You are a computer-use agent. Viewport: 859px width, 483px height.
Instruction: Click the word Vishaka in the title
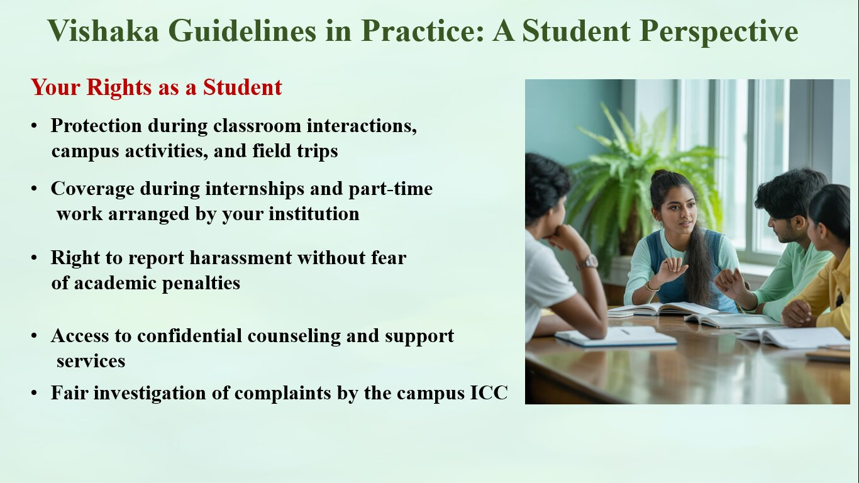pyautogui.click(x=103, y=31)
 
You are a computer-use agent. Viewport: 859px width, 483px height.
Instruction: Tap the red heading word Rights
pyautogui.click(x=119, y=88)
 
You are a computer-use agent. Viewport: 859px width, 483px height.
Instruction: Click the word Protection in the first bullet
pyautogui.click(x=96, y=125)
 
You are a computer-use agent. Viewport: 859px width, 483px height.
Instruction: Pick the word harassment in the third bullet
pyautogui.click(x=241, y=257)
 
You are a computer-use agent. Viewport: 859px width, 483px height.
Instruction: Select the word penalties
pyautogui.click(x=201, y=284)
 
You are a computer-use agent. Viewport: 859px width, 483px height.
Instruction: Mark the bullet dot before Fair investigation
pyautogui.click(x=34, y=393)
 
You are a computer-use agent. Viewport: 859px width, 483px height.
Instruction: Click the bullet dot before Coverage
pyautogui.click(x=34, y=189)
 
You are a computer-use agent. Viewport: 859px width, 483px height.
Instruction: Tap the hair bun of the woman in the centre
pyautogui.click(x=660, y=175)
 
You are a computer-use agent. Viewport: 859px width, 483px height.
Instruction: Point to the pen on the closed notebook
pyautogui.click(x=625, y=331)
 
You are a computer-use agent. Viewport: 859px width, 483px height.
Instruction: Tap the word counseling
pyautogui.click(x=294, y=336)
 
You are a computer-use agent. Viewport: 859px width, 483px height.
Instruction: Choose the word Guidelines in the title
pyautogui.click(x=242, y=31)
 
